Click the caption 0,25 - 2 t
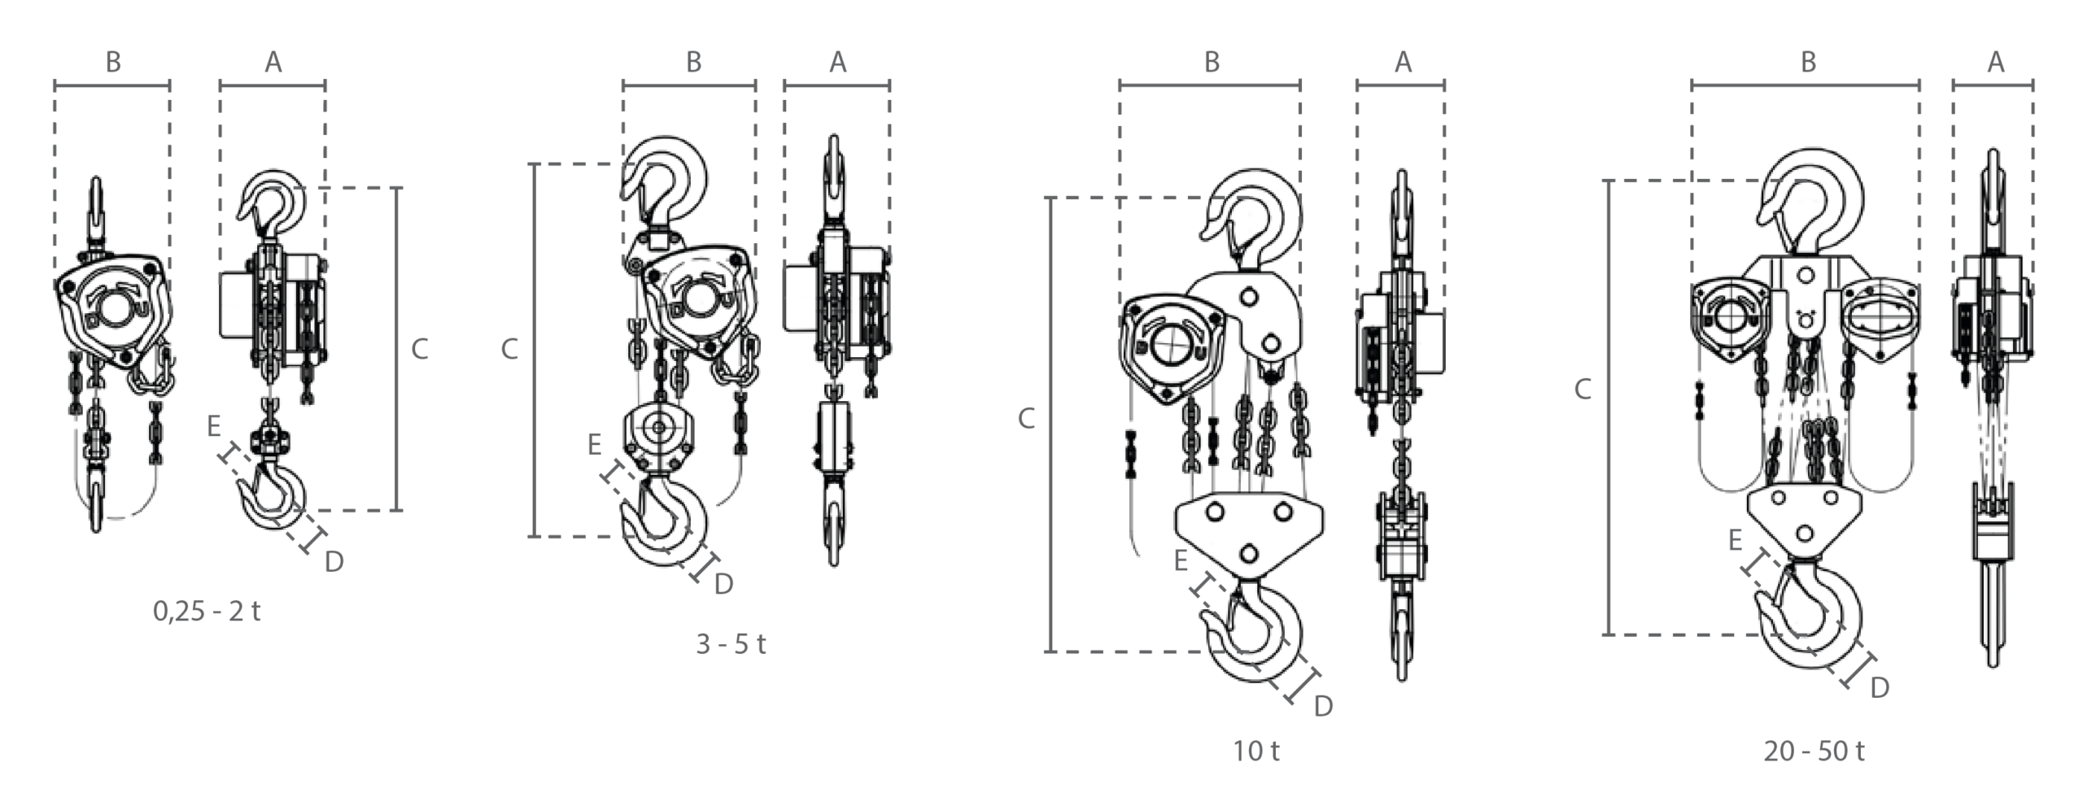pyautogui.click(x=207, y=611)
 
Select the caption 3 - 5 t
pyautogui.click(x=731, y=644)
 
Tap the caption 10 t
pyautogui.click(x=1255, y=751)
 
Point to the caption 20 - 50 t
pyautogui.click(x=1814, y=751)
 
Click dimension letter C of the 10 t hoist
pyautogui.click(x=1027, y=419)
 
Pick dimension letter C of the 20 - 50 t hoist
pyautogui.click(x=1583, y=390)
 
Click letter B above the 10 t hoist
pyautogui.click(x=1212, y=62)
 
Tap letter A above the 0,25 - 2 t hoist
pyautogui.click(x=273, y=62)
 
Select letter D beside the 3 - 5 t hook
pyautogui.click(x=723, y=583)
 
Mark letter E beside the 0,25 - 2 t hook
pyautogui.click(x=213, y=425)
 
